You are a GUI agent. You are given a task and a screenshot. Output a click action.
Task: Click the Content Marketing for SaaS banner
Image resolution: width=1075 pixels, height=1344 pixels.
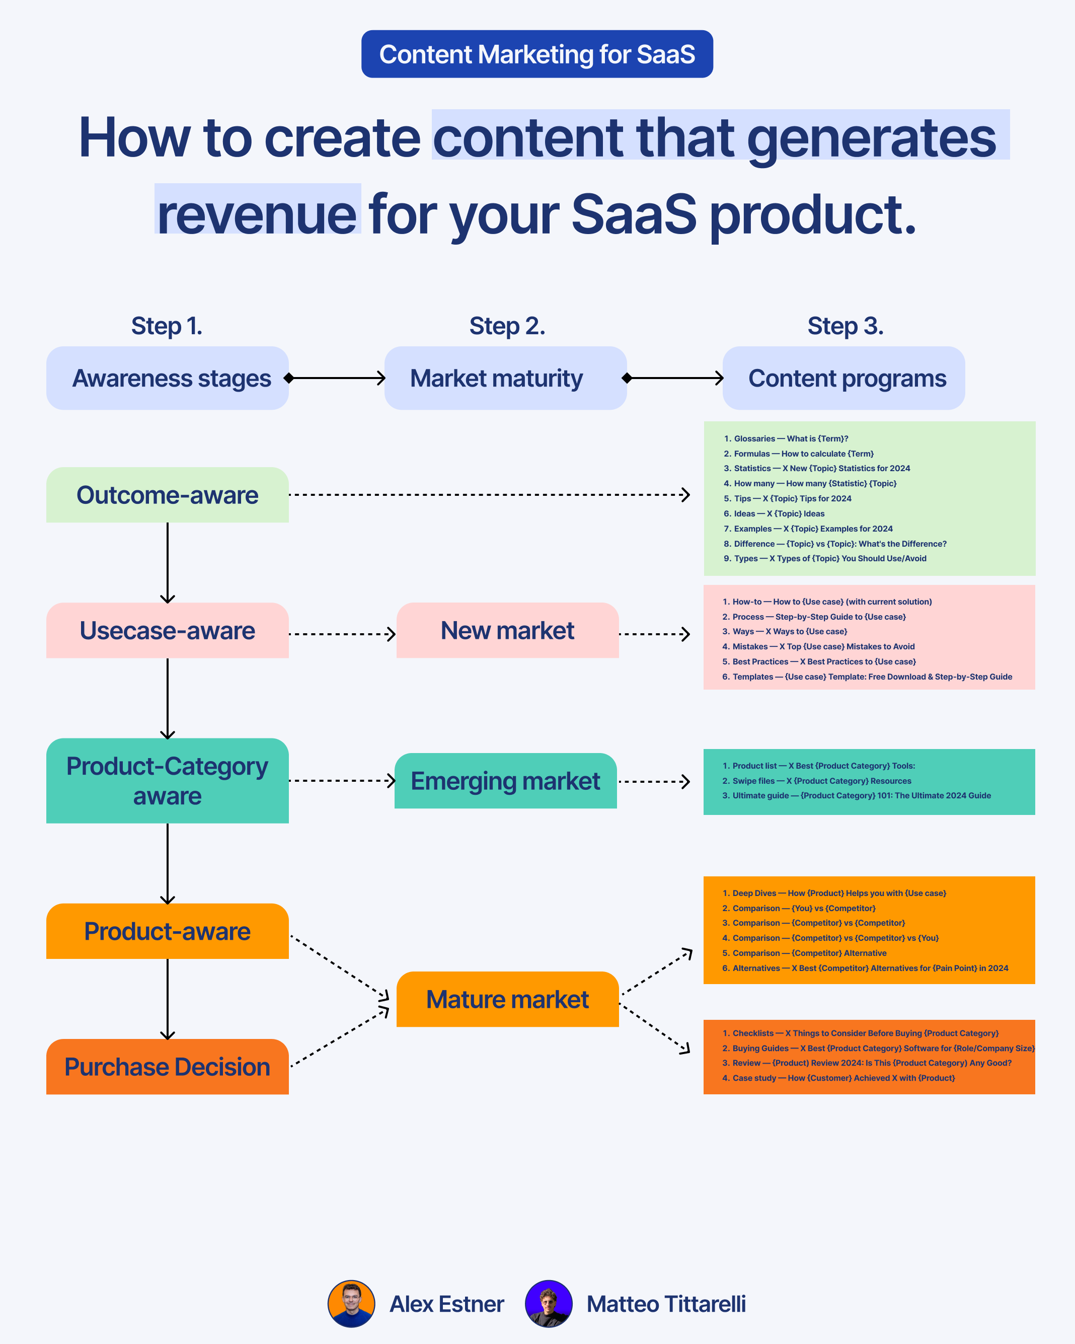click(x=536, y=54)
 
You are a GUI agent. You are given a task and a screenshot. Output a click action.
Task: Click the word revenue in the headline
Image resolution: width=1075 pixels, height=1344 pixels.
click(x=257, y=214)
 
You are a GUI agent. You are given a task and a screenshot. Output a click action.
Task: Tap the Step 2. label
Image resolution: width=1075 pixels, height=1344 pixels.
click(x=507, y=326)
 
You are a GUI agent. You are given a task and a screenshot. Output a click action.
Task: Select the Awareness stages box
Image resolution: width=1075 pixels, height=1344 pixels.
click(x=167, y=379)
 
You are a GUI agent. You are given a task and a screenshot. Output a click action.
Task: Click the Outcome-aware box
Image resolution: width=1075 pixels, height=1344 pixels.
click(x=167, y=495)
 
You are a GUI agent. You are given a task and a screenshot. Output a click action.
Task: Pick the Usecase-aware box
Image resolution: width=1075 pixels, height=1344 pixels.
click(x=167, y=630)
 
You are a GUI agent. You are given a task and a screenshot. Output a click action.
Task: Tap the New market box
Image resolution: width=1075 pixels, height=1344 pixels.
click(x=507, y=630)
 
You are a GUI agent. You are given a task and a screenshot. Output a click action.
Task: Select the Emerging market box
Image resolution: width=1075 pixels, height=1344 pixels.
click(x=505, y=781)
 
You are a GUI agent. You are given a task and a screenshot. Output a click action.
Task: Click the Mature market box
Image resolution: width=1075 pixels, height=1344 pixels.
click(x=507, y=999)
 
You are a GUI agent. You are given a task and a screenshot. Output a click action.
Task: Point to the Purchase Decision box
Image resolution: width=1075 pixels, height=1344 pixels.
click(x=167, y=1067)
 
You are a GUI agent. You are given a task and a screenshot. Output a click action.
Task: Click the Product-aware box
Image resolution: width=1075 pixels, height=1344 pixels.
click(x=167, y=931)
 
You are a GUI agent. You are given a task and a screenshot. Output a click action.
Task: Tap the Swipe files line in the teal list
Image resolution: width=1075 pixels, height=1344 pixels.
click(x=821, y=781)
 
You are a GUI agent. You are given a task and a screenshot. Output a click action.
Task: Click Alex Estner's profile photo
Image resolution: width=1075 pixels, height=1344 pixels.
click(x=351, y=1304)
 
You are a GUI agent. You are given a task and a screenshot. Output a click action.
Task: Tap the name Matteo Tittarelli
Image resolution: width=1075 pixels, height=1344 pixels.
click(x=665, y=1304)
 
